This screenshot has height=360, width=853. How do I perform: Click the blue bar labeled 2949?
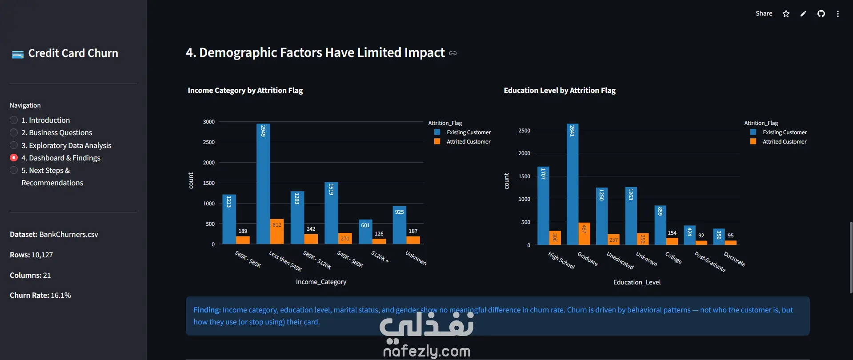point(263,184)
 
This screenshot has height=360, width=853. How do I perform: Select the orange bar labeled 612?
point(277,232)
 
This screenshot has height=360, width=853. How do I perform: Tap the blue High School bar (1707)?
point(543,206)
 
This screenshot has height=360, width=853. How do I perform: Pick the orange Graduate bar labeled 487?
point(584,234)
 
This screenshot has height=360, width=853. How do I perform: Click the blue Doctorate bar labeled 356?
point(719,237)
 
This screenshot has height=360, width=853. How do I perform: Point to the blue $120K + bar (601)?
point(365,232)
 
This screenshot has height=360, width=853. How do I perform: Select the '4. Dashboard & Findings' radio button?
point(14,158)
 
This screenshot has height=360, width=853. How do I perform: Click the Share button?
point(764,13)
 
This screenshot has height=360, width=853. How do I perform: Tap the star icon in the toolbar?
point(786,14)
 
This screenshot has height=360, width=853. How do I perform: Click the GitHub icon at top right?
point(821,14)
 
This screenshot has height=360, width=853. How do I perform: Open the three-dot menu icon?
point(838,14)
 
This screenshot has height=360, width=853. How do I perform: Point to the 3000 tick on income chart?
point(209,122)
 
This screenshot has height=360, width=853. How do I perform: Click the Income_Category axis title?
point(321,282)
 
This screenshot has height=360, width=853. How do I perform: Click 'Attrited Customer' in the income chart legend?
point(469,142)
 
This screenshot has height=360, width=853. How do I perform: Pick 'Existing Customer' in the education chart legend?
point(785,132)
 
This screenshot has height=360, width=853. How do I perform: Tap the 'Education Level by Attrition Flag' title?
point(560,90)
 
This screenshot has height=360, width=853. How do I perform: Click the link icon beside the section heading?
point(453,53)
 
